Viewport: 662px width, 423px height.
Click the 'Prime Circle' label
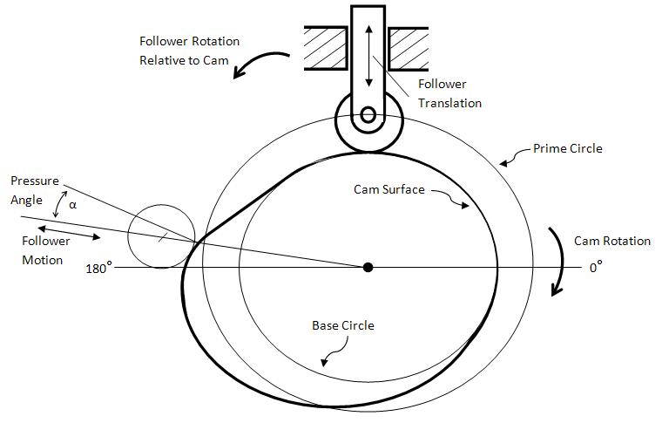click(568, 149)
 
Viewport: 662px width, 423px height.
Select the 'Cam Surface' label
click(389, 188)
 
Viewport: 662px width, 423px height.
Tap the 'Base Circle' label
click(343, 325)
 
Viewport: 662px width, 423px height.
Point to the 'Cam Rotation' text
click(612, 241)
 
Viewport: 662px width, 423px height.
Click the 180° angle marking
click(98, 268)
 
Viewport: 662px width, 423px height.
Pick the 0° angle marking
click(596, 268)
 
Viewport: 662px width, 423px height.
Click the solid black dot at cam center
click(368, 267)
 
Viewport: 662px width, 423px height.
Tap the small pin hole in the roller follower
click(368, 114)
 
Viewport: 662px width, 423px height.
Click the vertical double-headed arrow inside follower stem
click(369, 55)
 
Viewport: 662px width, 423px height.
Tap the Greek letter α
click(72, 206)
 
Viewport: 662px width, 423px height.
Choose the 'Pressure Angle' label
click(34, 189)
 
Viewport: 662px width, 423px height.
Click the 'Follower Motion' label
click(42, 250)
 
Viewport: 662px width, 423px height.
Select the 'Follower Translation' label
click(449, 93)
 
